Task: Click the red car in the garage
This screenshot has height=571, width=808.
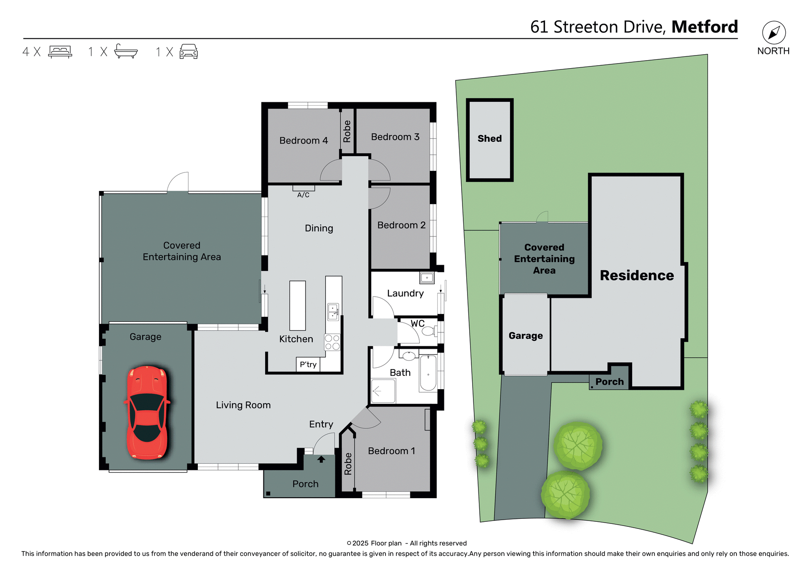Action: [147, 412]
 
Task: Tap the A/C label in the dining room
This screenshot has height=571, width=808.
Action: [303, 195]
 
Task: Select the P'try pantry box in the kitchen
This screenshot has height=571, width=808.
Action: [308, 364]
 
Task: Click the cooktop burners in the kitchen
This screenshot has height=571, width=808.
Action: [332, 342]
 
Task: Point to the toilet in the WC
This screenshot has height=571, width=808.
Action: [428, 331]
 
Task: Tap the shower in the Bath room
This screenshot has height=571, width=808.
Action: [383, 391]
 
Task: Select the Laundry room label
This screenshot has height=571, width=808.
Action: [405, 293]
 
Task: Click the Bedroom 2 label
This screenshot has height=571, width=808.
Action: [401, 225]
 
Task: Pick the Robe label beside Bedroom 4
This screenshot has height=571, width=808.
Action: [347, 131]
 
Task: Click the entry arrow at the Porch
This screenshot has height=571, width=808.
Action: [321, 459]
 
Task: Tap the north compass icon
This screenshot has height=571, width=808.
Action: [773, 33]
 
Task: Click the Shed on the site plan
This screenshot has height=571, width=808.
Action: [489, 139]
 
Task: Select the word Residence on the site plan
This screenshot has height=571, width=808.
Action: [636, 275]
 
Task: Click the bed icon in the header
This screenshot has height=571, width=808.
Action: [60, 51]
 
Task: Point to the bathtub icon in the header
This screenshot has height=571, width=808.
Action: [125, 51]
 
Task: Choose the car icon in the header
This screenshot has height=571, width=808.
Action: [189, 51]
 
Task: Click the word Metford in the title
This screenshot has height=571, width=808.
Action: [704, 27]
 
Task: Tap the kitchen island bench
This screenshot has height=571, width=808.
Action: [298, 305]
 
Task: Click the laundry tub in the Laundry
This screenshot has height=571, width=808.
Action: [427, 278]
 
